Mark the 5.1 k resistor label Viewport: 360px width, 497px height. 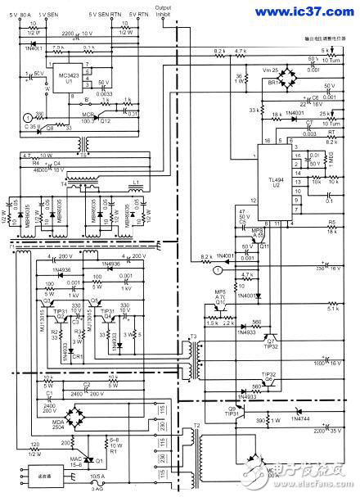click(332, 309)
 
